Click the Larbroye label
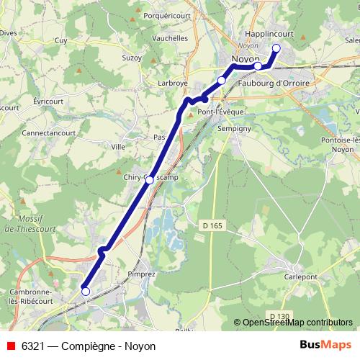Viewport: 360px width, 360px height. [172, 83]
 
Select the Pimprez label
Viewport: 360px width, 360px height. [140, 274]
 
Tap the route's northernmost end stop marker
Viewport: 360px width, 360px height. [276, 48]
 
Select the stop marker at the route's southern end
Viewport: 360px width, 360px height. [86, 292]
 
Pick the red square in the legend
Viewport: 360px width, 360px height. [9, 346]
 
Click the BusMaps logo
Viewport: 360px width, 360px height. [325, 345]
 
